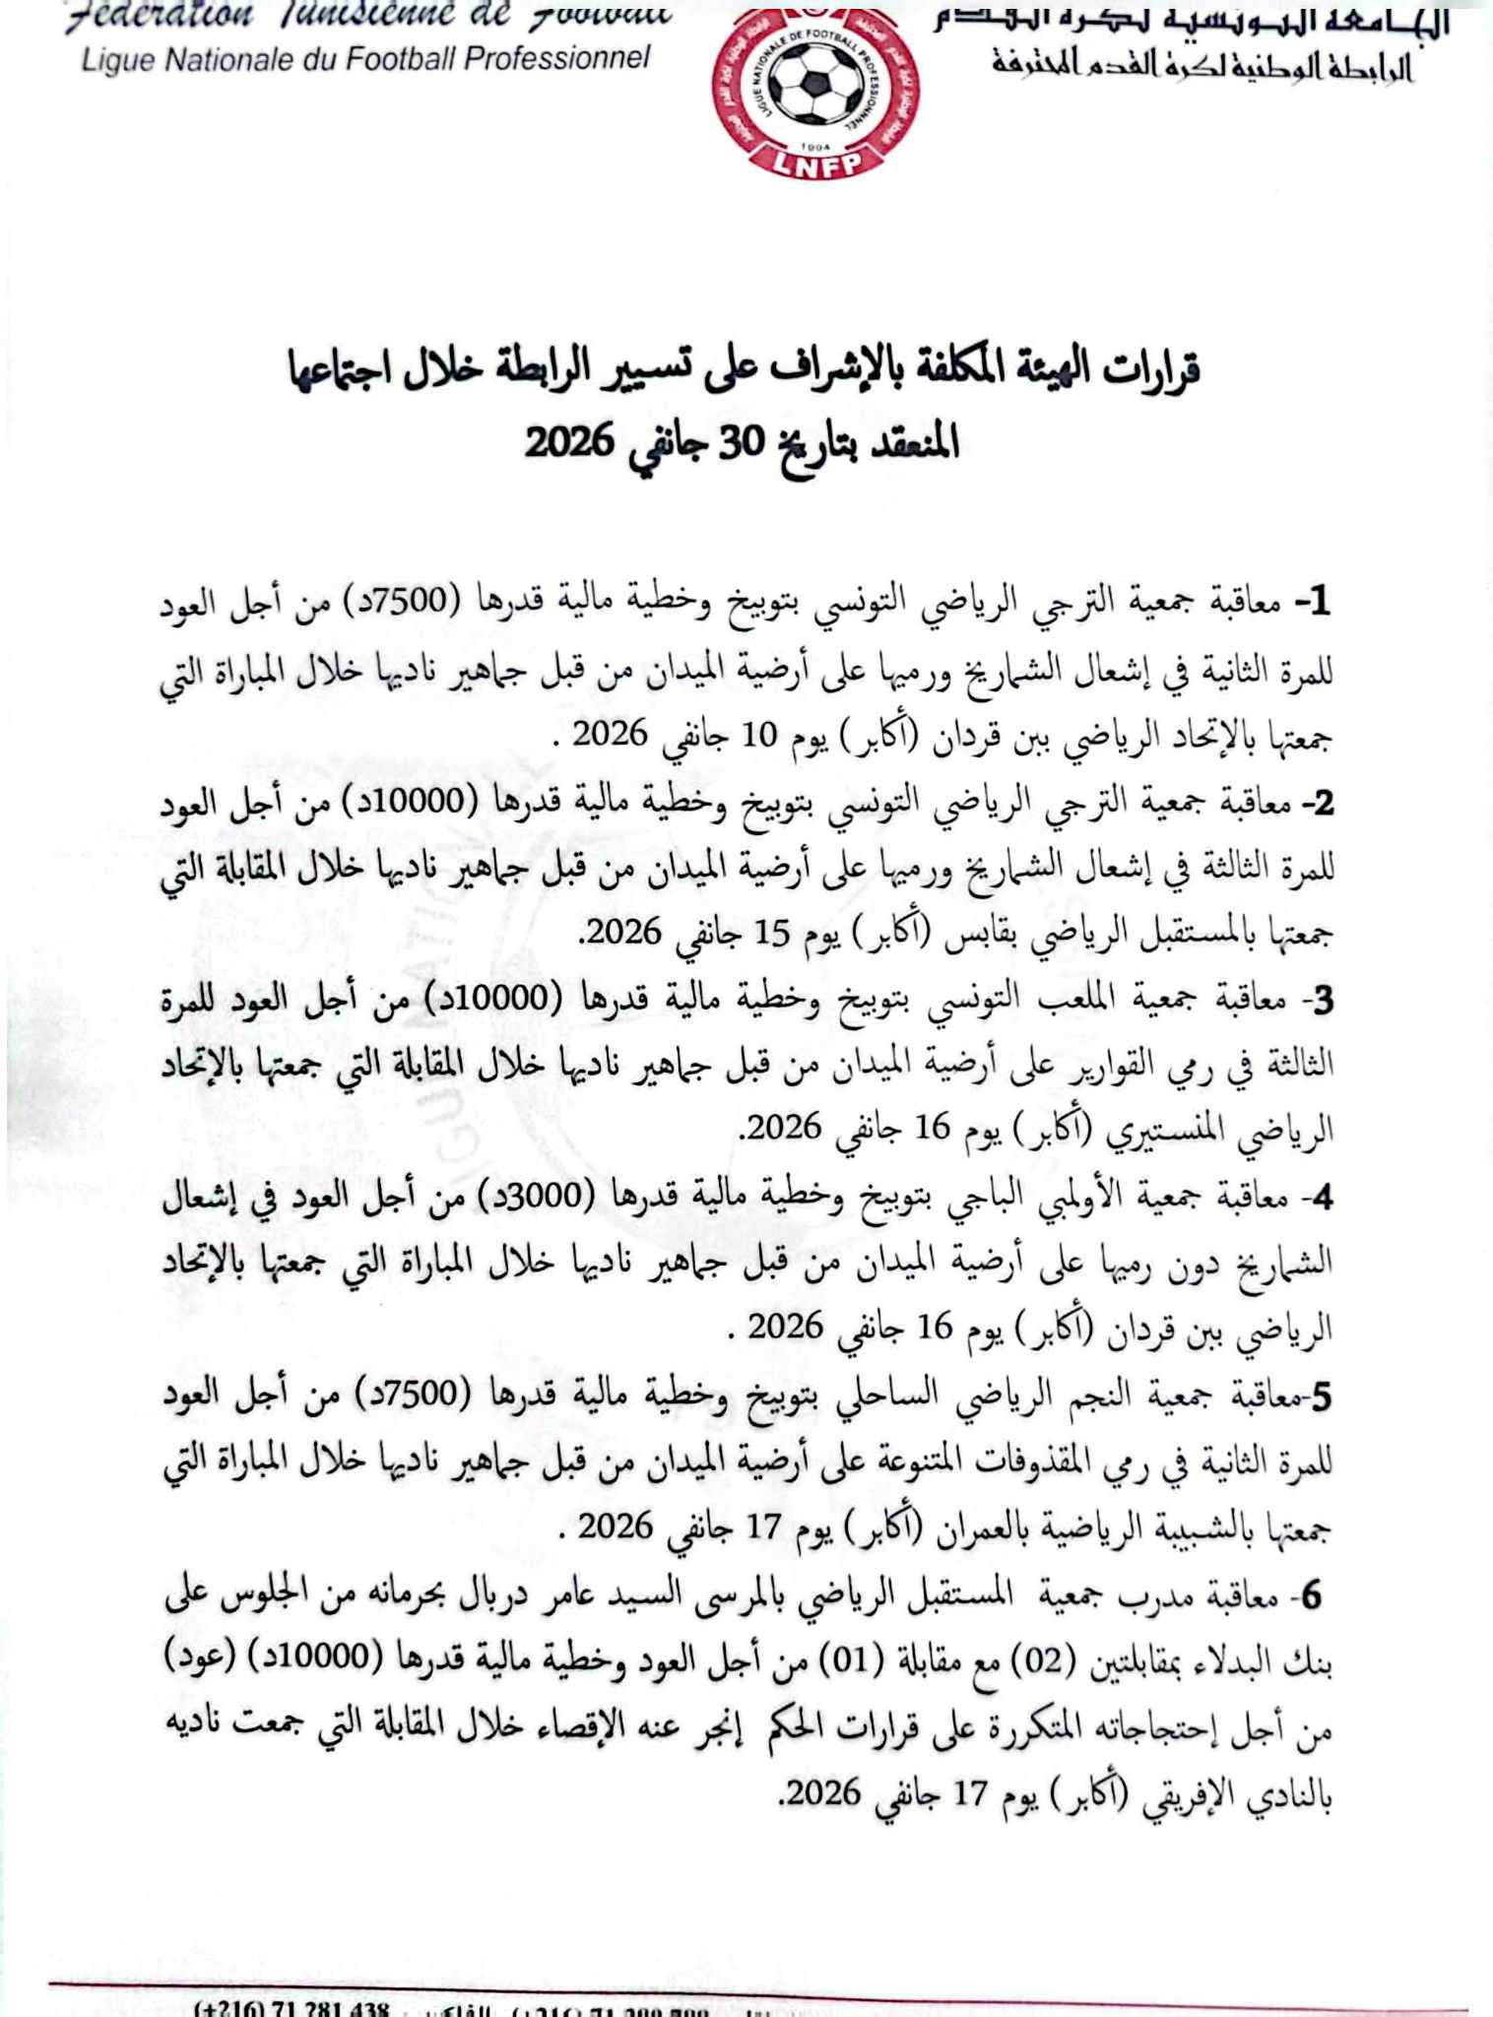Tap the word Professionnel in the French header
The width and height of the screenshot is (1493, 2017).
[x=556, y=59]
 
